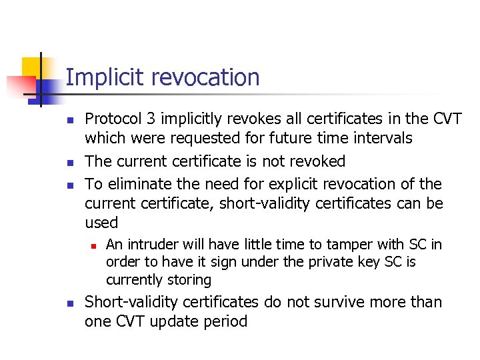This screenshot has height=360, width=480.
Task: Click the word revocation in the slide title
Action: [x=205, y=77]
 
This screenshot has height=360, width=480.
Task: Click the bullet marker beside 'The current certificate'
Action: [x=69, y=162]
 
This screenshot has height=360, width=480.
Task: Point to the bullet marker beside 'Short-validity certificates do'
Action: [x=69, y=303]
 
